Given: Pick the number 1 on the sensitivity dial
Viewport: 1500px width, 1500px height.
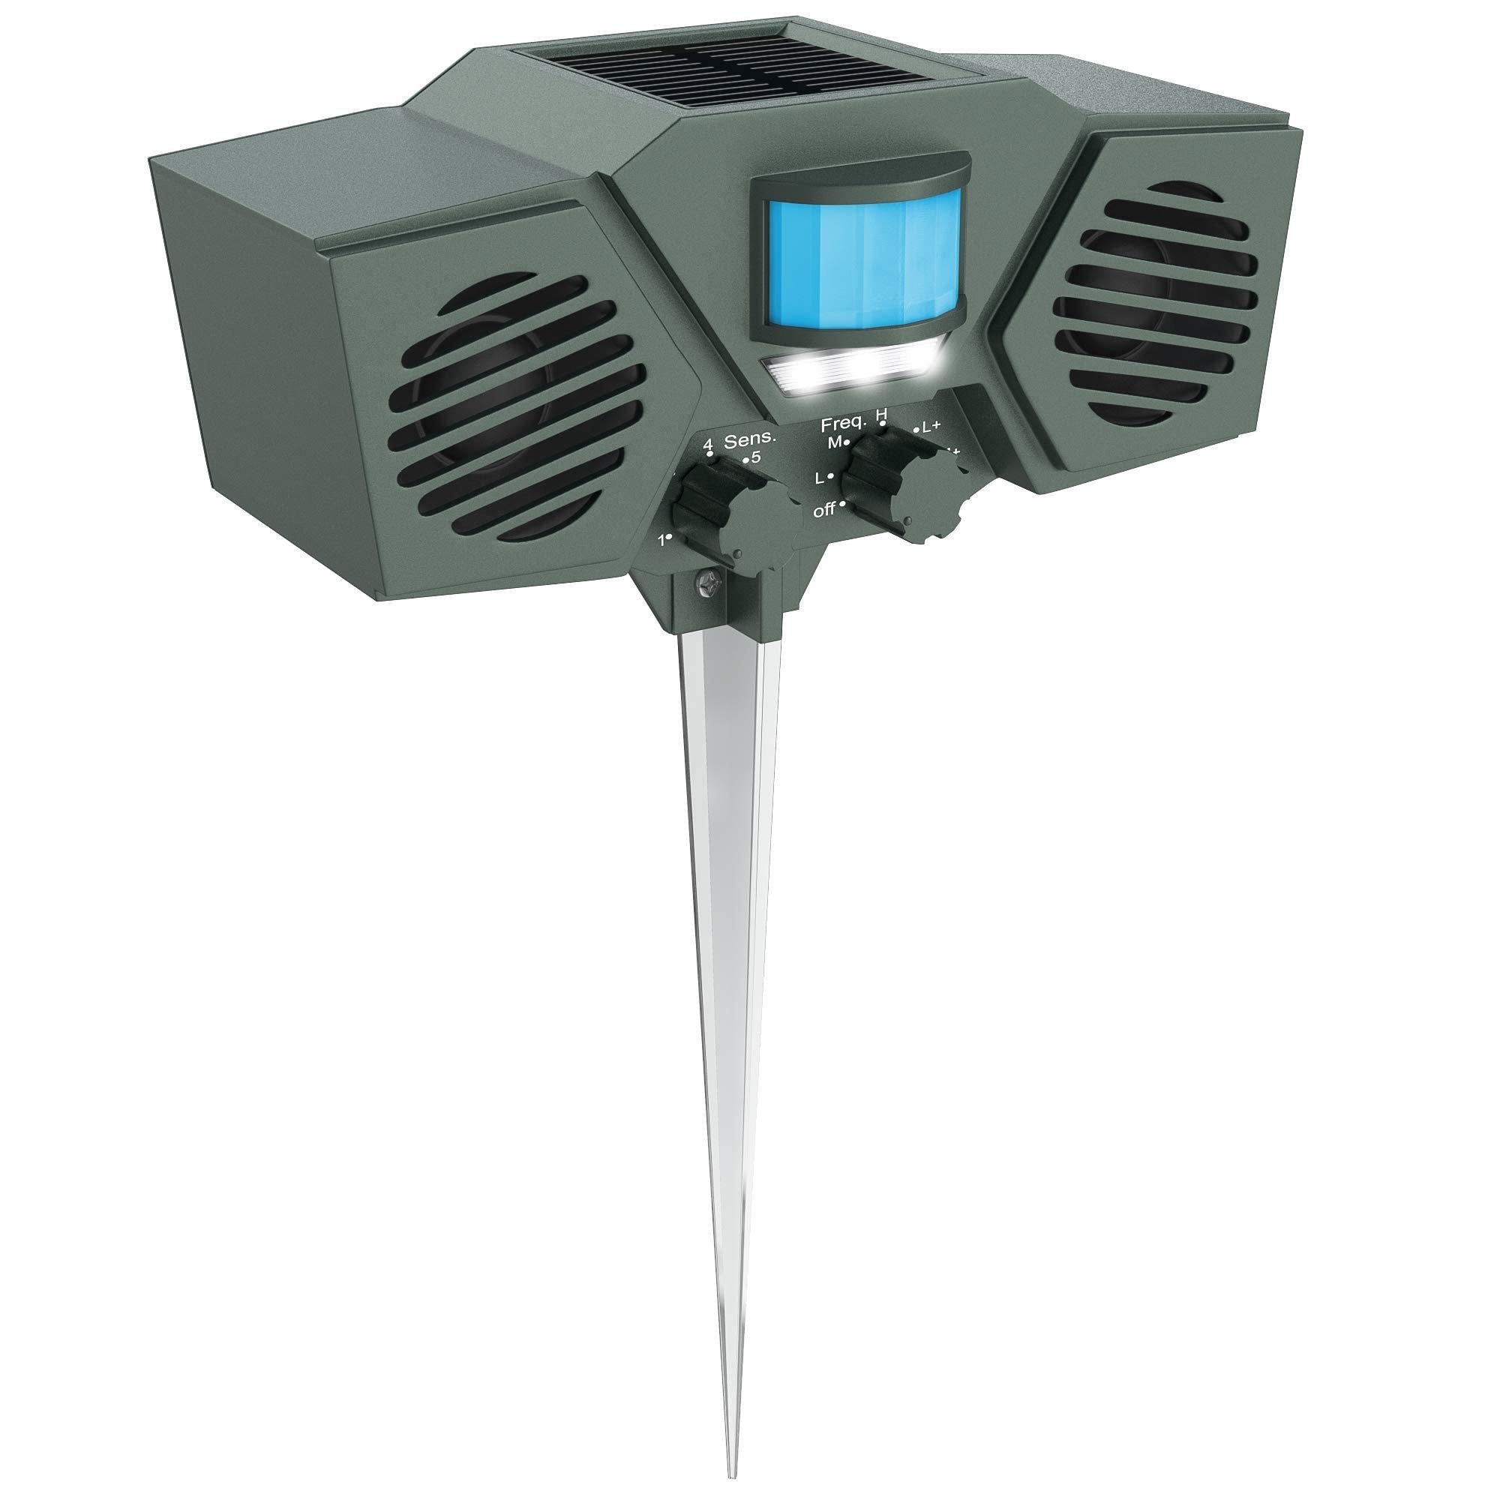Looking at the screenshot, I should [661, 540].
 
